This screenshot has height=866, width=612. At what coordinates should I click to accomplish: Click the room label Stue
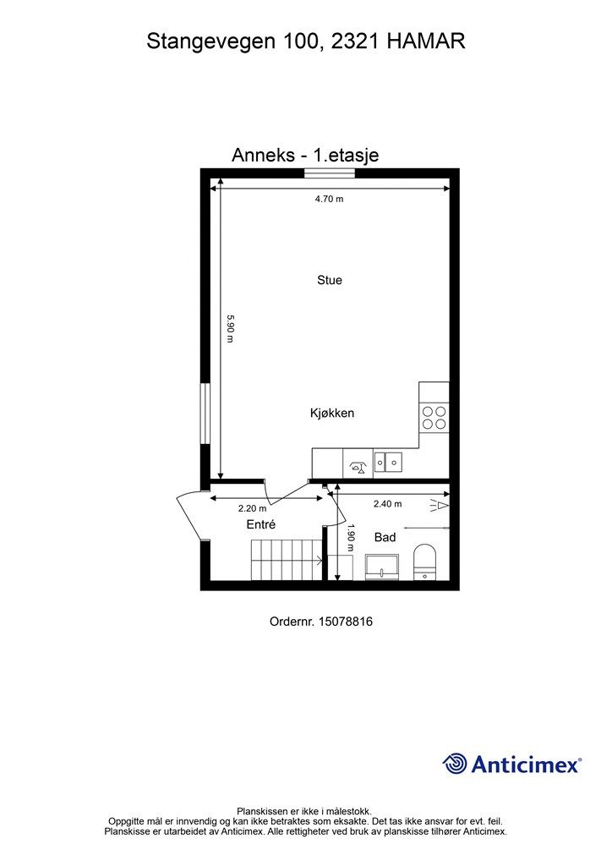[x=329, y=280]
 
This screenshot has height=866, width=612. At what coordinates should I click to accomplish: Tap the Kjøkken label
[x=331, y=414]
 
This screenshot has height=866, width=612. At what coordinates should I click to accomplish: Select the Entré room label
[x=261, y=525]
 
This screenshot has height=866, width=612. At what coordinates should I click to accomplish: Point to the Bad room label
[x=385, y=537]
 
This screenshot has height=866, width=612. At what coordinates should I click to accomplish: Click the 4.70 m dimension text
[x=329, y=200]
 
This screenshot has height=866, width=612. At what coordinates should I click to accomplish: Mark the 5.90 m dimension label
[x=229, y=328]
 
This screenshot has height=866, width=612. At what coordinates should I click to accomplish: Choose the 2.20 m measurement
[x=252, y=508]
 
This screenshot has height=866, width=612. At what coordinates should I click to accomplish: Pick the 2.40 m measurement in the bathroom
[x=387, y=504]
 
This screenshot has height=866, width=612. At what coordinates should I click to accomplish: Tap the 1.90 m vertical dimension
[x=349, y=538]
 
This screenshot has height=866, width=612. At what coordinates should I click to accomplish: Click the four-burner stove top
[x=434, y=419]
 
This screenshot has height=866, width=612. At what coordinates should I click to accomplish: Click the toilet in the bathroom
[x=424, y=561]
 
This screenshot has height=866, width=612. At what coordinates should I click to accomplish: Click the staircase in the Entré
[x=286, y=559]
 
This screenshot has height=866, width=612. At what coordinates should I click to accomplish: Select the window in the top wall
[x=330, y=173]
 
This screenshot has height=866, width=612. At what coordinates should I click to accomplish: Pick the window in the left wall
[x=205, y=412]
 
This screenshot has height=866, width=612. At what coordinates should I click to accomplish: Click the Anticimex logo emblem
[x=455, y=765]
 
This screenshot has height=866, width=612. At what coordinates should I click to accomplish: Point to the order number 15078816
[x=345, y=622]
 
